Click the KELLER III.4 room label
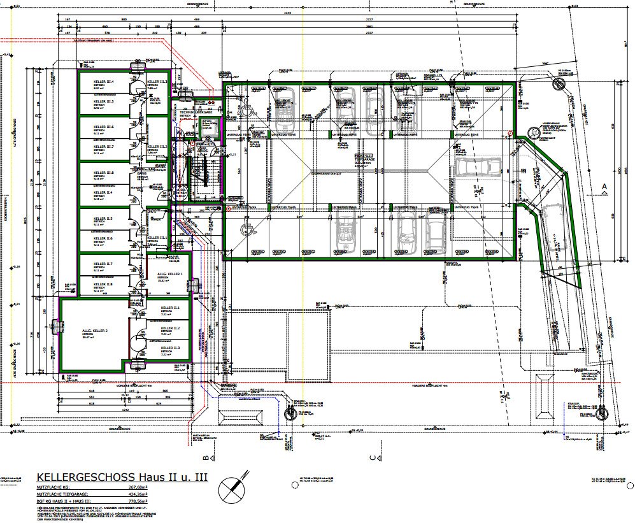click(x=103, y=82)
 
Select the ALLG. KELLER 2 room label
click(x=94, y=331)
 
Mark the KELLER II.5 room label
click(x=103, y=219)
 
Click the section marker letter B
click(x=206, y=457)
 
